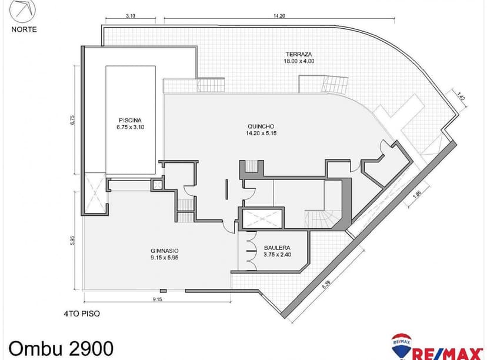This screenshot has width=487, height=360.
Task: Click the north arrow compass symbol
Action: click(x=24, y=11)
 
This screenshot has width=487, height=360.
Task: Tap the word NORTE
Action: click(x=24, y=28)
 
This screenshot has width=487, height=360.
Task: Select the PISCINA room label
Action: click(x=130, y=117)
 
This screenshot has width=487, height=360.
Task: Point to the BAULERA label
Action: click(x=276, y=248)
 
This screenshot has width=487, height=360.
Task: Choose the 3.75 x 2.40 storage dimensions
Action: click(x=276, y=255)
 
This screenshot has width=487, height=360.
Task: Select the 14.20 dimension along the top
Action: click(x=279, y=16)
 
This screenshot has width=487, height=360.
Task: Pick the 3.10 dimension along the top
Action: click(x=131, y=16)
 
